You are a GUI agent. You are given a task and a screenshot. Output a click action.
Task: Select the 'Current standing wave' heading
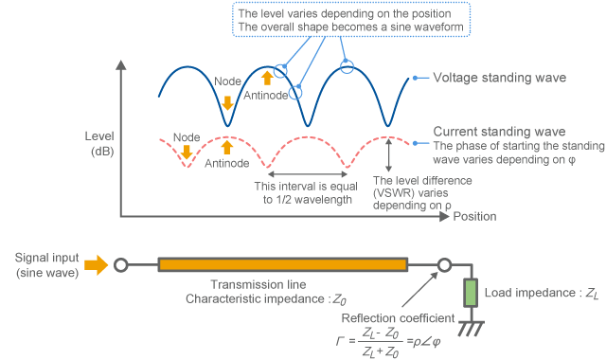(x=499, y=131)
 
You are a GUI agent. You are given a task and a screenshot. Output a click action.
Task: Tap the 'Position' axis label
(x=474, y=217)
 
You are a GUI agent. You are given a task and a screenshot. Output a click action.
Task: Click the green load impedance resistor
(x=471, y=294)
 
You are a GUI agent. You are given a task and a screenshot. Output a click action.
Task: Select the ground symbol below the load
(x=471, y=329)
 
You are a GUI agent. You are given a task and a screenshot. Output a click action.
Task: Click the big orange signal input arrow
(x=96, y=264)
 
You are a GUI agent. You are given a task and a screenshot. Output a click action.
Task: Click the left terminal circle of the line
(x=120, y=264)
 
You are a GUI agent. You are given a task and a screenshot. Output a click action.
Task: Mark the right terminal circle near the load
(x=442, y=264)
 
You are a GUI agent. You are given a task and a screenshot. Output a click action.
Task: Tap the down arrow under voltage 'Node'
(x=226, y=102)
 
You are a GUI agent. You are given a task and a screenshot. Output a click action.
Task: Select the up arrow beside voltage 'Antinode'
(x=267, y=78)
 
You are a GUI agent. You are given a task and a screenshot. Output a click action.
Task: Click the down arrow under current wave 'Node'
(x=187, y=152)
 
